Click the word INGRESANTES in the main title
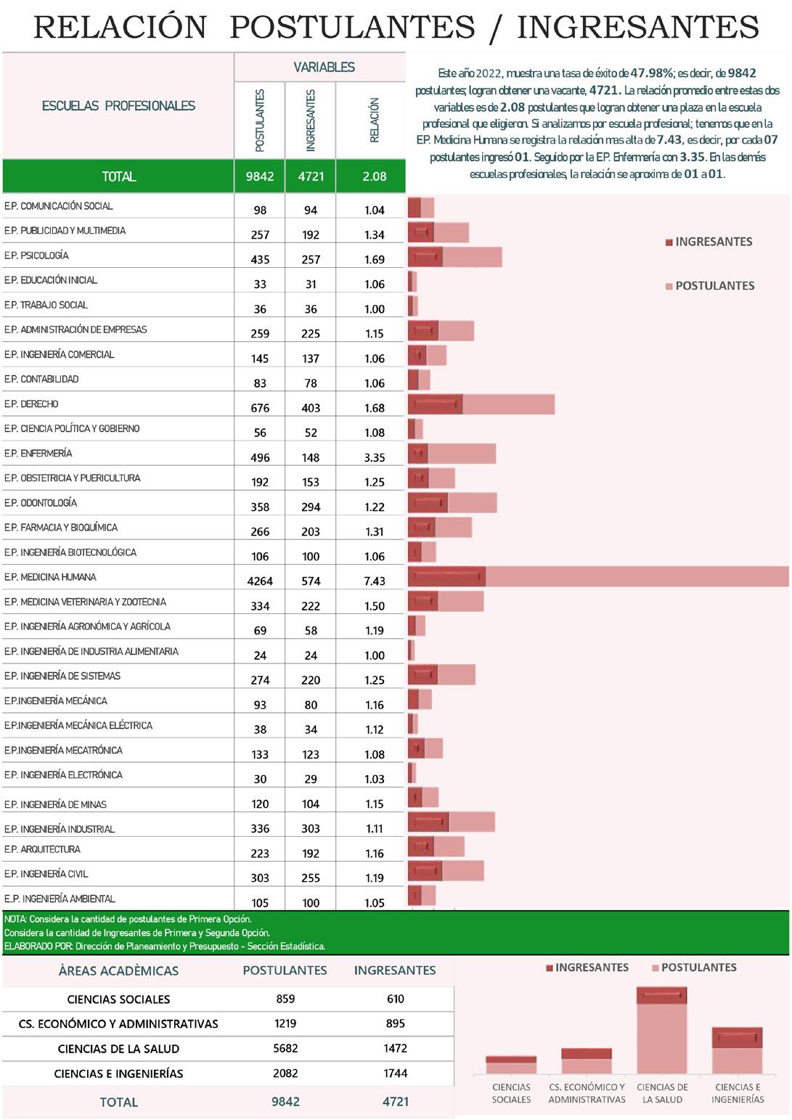tap(637, 28)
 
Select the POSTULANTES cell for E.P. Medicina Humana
tap(259, 581)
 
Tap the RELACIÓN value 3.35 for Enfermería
tap(375, 457)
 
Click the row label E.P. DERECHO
tap(31, 404)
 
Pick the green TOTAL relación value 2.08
tap(375, 176)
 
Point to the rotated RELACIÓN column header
tap(375, 120)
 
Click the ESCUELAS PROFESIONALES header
tap(118, 106)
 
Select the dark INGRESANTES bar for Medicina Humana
tap(446, 577)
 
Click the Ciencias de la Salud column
tap(661, 1031)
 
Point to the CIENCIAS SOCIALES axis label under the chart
tap(511, 1093)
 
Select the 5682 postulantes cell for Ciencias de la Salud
tap(285, 1048)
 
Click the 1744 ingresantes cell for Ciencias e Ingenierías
tap(395, 1073)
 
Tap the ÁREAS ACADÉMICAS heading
tap(118, 970)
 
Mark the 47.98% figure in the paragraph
tap(651, 73)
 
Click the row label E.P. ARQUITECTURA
tap(42, 849)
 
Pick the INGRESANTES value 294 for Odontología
tap(311, 507)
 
